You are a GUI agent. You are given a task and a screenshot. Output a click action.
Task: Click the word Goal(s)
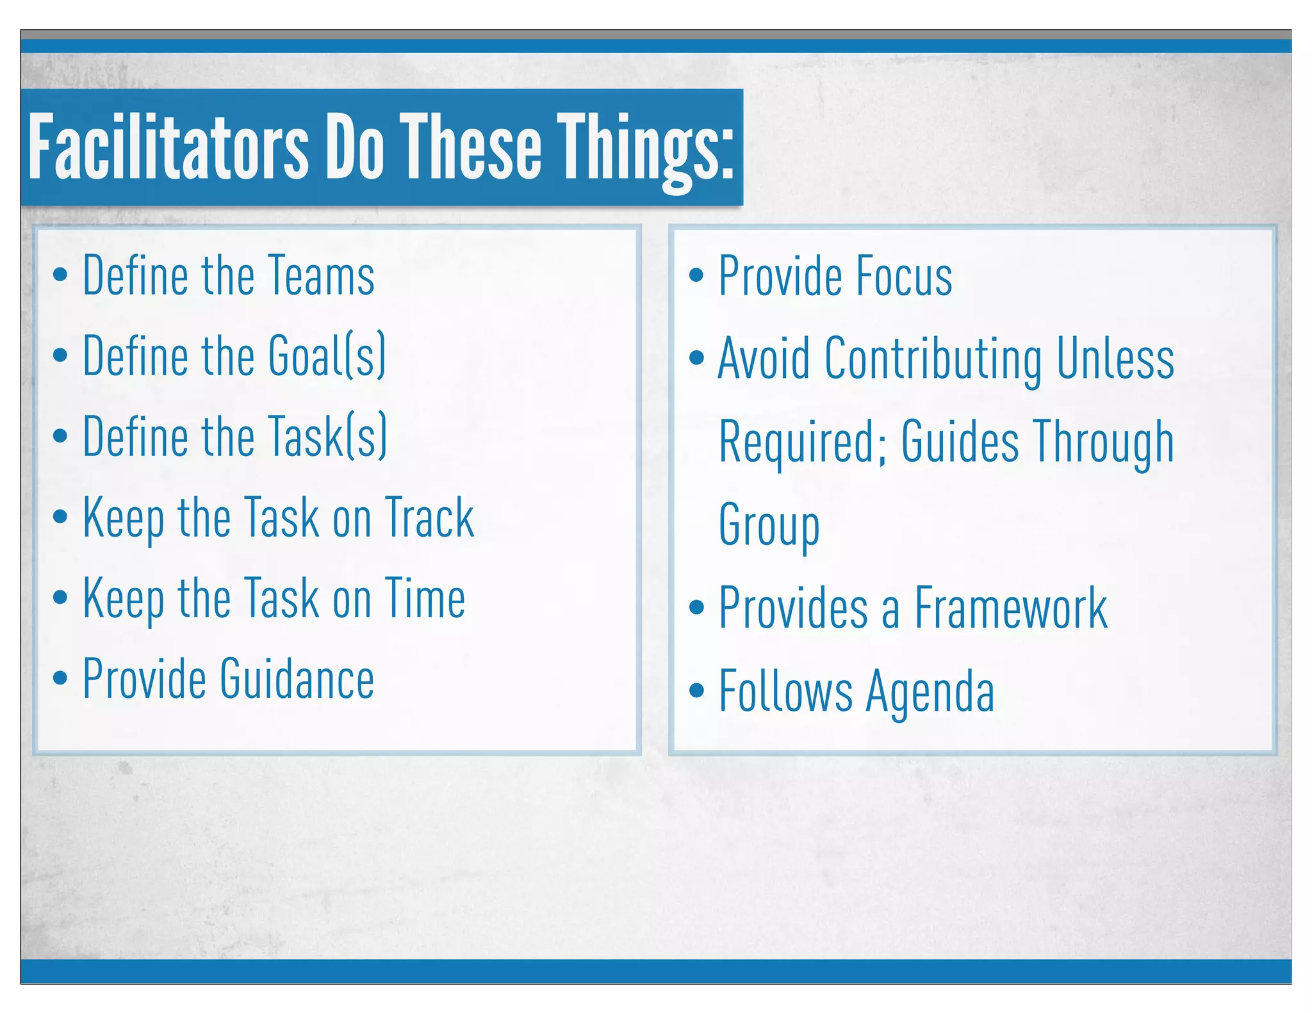pyautogui.click(x=327, y=356)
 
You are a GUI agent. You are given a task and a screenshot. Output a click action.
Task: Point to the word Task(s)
pyautogui.click(x=327, y=437)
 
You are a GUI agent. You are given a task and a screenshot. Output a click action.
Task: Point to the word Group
pyautogui.click(x=769, y=525)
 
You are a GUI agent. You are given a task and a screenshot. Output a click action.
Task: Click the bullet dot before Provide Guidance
pyautogui.click(x=60, y=678)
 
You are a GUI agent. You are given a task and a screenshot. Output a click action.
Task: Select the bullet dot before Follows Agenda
pyautogui.click(x=696, y=690)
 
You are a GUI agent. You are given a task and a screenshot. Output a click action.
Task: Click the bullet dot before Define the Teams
pyautogui.click(x=60, y=275)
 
